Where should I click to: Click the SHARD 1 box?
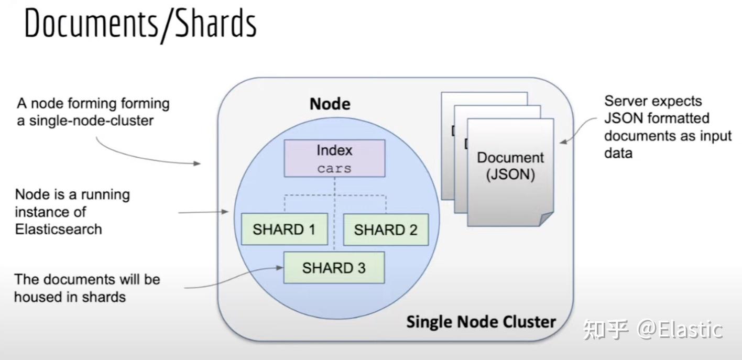pyautogui.click(x=284, y=230)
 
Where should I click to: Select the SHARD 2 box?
pyautogui.click(x=386, y=230)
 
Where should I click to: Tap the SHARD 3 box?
pyautogui.click(x=334, y=268)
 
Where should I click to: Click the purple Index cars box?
pyautogui.click(x=334, y=158)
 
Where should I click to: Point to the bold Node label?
pyautogui.click(x=330, y=103)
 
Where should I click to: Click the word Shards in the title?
pyautogui.click(x=215, y=24)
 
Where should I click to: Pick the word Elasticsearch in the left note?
pyautogui.click(x=58, y=229)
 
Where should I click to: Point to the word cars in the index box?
pyautogui.click(x=334, y=169)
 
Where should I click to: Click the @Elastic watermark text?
pyautogui.click(x=680, y=330)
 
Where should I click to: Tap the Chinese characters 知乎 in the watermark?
pyautogui.click(x=606, y=330)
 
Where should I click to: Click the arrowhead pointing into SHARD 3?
pyautogui.click(x=279, y=268)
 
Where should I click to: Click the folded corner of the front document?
pyautogui.click(x=546, y=219)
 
